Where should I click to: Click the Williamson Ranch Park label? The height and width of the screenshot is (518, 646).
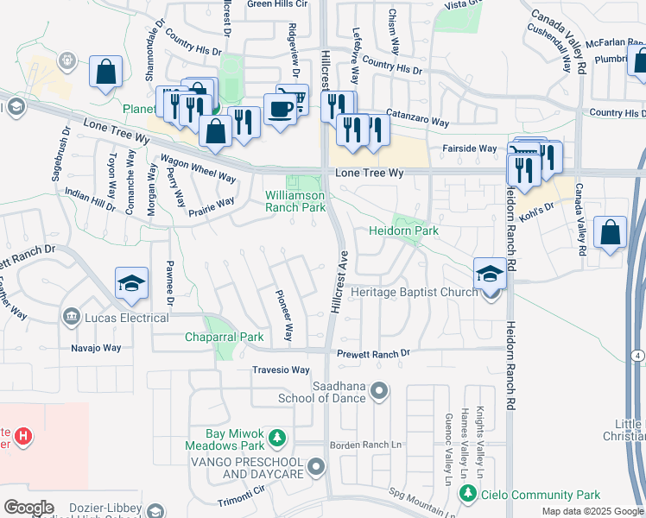[294, 201]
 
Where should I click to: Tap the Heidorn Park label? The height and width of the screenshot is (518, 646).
[403, 231]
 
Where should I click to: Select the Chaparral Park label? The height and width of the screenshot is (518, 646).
[224, 337]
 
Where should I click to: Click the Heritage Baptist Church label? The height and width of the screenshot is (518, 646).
[414, 293]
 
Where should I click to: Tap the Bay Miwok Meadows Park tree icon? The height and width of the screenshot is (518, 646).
[277, 439]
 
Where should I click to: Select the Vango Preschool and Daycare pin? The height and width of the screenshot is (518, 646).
[316, 467]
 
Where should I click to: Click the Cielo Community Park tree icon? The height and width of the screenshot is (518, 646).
[467, 495]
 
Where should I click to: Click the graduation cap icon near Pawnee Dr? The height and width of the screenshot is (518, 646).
[132, 283]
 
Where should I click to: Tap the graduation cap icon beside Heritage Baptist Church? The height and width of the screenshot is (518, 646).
[490, 274]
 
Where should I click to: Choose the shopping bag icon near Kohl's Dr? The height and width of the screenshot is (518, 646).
[611, 232]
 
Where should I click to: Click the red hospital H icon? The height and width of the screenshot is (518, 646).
[23, 437]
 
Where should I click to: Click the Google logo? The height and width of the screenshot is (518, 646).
[28, 508]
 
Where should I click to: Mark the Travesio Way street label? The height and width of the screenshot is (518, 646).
[281, 370]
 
